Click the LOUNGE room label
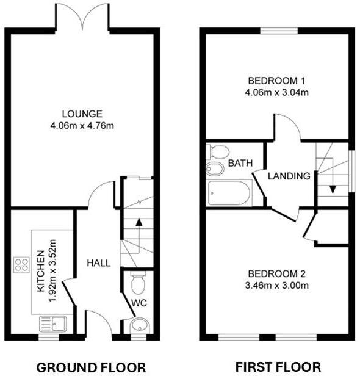click(81, 114)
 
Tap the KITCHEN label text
click(40, 270)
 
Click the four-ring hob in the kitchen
click(22, 265)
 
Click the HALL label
click(98, 263)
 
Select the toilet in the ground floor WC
click(139, 282)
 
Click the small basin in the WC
click(140, 324)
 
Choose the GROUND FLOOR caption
click(92, 367)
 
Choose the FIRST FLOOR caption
click(278, 367)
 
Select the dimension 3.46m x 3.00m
click(276, 285)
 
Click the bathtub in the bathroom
click(229, 193)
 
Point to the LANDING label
click(290, 176)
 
